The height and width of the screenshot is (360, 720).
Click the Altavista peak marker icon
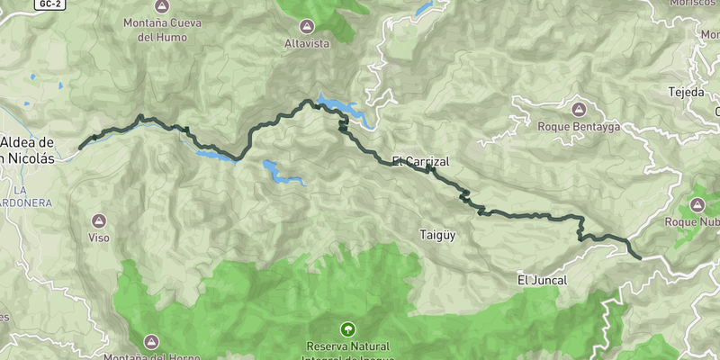click(308, 26)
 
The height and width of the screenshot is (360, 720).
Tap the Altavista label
click(308, 43)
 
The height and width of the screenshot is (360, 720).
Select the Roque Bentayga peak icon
click(578, 110)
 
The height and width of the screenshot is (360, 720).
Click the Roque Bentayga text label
click(578, 127)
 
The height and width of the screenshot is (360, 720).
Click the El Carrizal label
click(420, 162)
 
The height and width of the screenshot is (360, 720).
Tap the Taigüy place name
click(438, 236)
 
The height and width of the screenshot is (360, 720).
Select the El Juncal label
click(542, 281)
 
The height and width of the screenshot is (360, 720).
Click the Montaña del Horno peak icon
click(151, 342)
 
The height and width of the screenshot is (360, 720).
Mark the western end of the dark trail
click(80, 148)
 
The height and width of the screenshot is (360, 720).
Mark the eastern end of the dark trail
click(640, 258)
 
